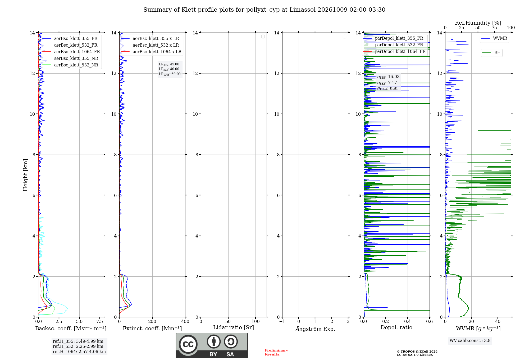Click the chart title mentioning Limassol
(x=264, y=10)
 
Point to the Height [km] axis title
(x=25, y=175)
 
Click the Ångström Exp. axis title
(x=315, y=329)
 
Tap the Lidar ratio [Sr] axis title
(x=234, y=328)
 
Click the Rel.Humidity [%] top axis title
(x=478, y=23)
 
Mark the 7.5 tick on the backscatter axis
(x=100, y=321)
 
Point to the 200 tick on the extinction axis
(x=152, y=321)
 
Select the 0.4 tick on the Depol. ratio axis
(x=408, y=321)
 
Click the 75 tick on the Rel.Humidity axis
(x=494, y=28)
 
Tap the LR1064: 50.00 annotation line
(x=170, y=74)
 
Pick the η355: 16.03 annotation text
(x=388, y=77)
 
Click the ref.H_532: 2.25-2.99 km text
(x=78, y=346)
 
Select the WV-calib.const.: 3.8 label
(x=470, y=341)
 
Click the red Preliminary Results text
(x=276, y=352)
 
